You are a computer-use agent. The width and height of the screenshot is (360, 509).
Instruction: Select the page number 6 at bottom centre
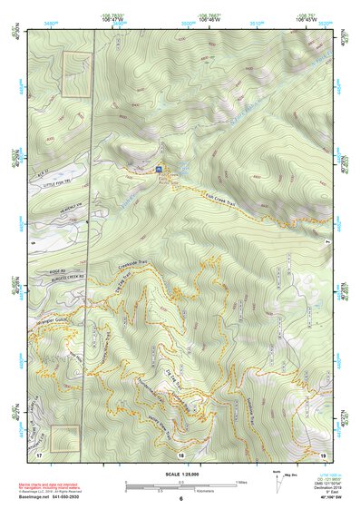pos(180,499)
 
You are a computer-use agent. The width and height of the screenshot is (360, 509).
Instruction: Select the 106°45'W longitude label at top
pos(309,15)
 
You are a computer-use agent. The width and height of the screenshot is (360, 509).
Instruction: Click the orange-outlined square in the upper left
pos(76,75)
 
